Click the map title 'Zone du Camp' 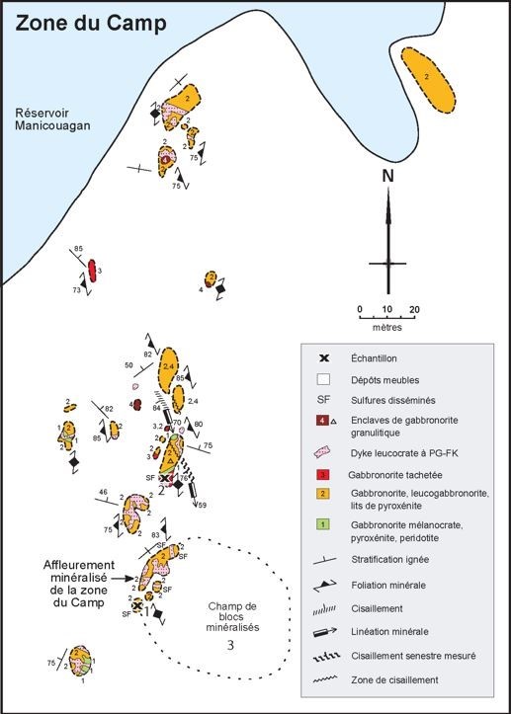point(91,24)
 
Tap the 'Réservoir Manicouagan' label point(52,119)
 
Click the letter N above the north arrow point(387,176)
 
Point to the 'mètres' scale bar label point(387,327)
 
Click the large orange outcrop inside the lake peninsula point(428,80)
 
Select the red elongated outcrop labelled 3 point(92,271)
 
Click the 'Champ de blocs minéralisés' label point(232,616)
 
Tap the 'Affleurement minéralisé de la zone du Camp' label point(78,584)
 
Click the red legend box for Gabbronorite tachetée point(323,474)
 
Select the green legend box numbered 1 point(323,524)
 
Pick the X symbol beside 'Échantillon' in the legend point(323,358)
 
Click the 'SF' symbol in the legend point(323,400)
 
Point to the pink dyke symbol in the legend point(323,452)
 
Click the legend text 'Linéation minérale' point(389,632)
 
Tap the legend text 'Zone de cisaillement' point(394,679)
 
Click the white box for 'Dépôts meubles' point(323,379)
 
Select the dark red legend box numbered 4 point(322,420)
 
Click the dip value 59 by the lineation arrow point(202,505)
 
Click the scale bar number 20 point(414,310)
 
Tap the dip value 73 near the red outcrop point(76,290)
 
